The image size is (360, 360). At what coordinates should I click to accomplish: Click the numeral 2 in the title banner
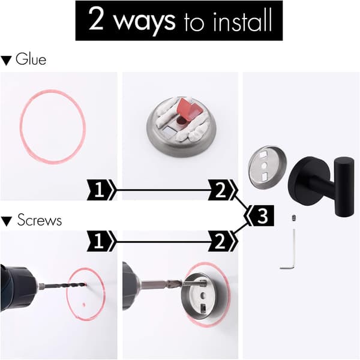(96, 19)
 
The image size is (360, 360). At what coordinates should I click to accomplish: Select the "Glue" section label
(31, 59)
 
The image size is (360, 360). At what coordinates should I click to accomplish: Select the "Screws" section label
(40, 220)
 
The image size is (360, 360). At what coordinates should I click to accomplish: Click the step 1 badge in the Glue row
(101, 190)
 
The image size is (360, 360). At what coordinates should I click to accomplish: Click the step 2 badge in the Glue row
(222, 190)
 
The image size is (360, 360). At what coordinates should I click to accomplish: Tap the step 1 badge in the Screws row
(101, 241)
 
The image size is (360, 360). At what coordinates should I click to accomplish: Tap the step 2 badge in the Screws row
(222, 241)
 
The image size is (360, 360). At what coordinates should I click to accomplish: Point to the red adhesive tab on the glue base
(189, 109)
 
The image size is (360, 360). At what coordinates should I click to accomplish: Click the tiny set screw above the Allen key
(293, 218)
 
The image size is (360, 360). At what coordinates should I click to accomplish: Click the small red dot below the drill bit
(84, 305)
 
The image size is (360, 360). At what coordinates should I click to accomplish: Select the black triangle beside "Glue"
(6, 61)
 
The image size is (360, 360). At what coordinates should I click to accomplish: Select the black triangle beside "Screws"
(6, 221)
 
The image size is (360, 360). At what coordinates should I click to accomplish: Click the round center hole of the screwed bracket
(203, 295)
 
